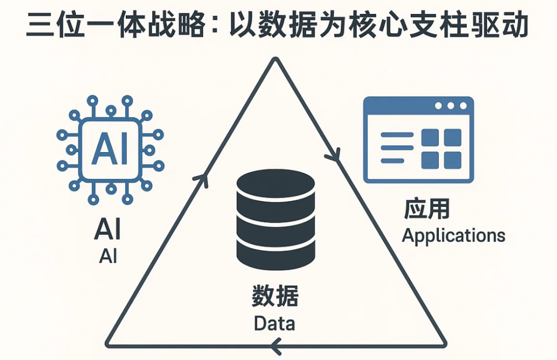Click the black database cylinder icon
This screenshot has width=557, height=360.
pos(275,220)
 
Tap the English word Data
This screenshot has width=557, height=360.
pos(274,323)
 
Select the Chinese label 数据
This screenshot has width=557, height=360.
pos(275,296)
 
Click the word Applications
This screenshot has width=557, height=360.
pos(454,236)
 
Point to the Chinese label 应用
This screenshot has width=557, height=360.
pos(427,208)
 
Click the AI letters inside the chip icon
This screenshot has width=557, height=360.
pos(110,149)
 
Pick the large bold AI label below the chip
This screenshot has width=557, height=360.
pos(108,230)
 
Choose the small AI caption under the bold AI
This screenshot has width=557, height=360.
pos(108,256)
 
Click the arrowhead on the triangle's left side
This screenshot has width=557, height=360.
pos(201,180)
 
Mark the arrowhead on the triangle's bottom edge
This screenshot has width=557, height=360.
pos(275,345)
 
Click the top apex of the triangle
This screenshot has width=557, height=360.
pos(276,59)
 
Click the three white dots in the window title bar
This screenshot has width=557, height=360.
pos(451,106)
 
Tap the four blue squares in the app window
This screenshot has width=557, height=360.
pos(441,149)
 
